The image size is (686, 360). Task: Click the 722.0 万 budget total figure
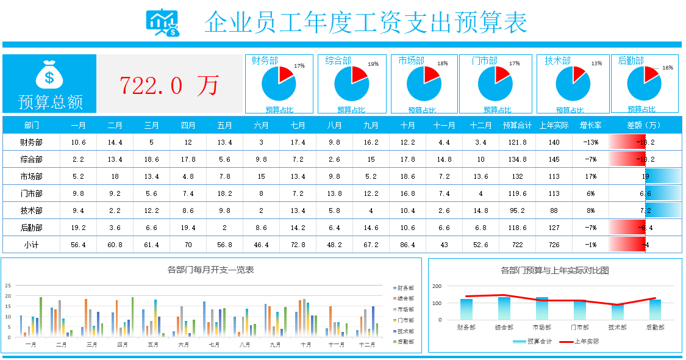pyautogui.click(x=169, y=85)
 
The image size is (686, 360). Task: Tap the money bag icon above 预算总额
pyautogui.click(x=49, y=75)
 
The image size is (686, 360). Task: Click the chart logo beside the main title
pyautogui.click(x=162, y=23)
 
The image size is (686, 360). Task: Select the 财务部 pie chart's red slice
pyautogui.click(x=286, y=75)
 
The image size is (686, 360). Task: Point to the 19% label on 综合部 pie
pyautogui.click(x=373, y=64)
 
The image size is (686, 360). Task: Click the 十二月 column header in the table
pyautogui.click(x=481, y=125)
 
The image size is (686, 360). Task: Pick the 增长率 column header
pyautogui.click(x=590, y=125)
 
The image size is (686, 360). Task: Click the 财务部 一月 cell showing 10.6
pyautogui.click(x=78, y=142)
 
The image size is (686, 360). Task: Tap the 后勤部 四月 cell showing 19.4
pyautogui.click(x=188, y=228)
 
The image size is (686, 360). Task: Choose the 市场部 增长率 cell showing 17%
pyautogui.click(x=590, y=176)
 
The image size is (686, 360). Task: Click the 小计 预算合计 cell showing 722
pyautogui.click(x=517, y=245)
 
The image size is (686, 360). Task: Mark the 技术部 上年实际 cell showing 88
pyautogui.click(x=554, y=211)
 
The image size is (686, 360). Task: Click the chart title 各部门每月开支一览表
pyautogui.click(x=210, y=269)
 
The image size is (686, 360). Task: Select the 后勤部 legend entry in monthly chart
pyautogui.click(x=404, y=342)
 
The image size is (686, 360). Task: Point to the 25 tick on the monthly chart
pyautogui.click(x=8, y=285)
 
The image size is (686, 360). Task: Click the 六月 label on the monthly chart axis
pyautogui.click(x=184, y=345)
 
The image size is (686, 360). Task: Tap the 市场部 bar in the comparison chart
pyautogui.click(x=542, y=309)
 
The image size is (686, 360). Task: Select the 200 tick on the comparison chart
pyautogui.click(x=437, y=286)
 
